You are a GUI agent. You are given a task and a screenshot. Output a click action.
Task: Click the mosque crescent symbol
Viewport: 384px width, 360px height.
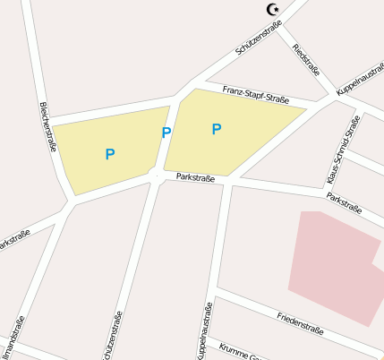pos(274,10)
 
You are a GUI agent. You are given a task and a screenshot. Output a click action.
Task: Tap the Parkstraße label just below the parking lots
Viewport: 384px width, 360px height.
pos(195,178)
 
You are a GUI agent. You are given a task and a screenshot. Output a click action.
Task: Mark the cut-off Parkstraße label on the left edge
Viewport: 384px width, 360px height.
pos(13,240)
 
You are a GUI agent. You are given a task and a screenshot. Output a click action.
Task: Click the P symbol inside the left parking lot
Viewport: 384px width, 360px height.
pos(110,154)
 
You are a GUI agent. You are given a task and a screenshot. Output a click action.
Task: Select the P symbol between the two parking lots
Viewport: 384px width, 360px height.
pos(166,133)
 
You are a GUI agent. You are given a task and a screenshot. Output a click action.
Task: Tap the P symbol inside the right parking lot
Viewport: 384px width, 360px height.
pos(216,130)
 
